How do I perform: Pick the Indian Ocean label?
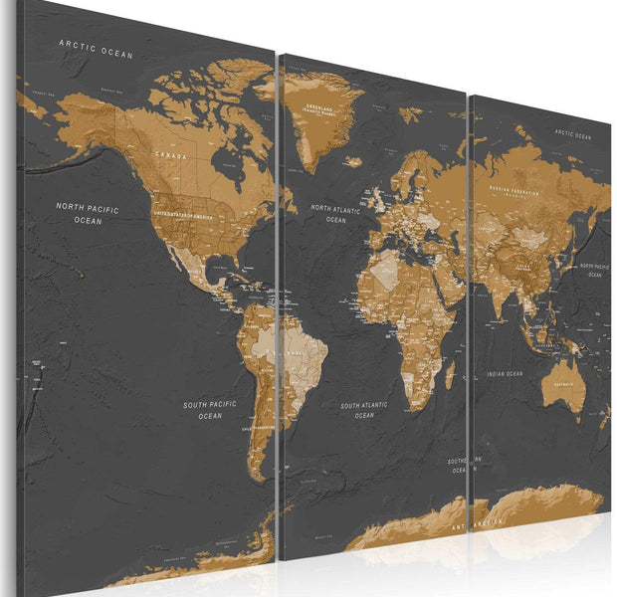[x=504, y=374]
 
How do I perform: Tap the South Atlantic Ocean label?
[x=363, y=410]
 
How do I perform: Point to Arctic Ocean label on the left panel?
[x=96, y=45]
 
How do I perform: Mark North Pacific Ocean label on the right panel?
[x=595, y=270]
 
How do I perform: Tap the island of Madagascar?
[x=449, y=377]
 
